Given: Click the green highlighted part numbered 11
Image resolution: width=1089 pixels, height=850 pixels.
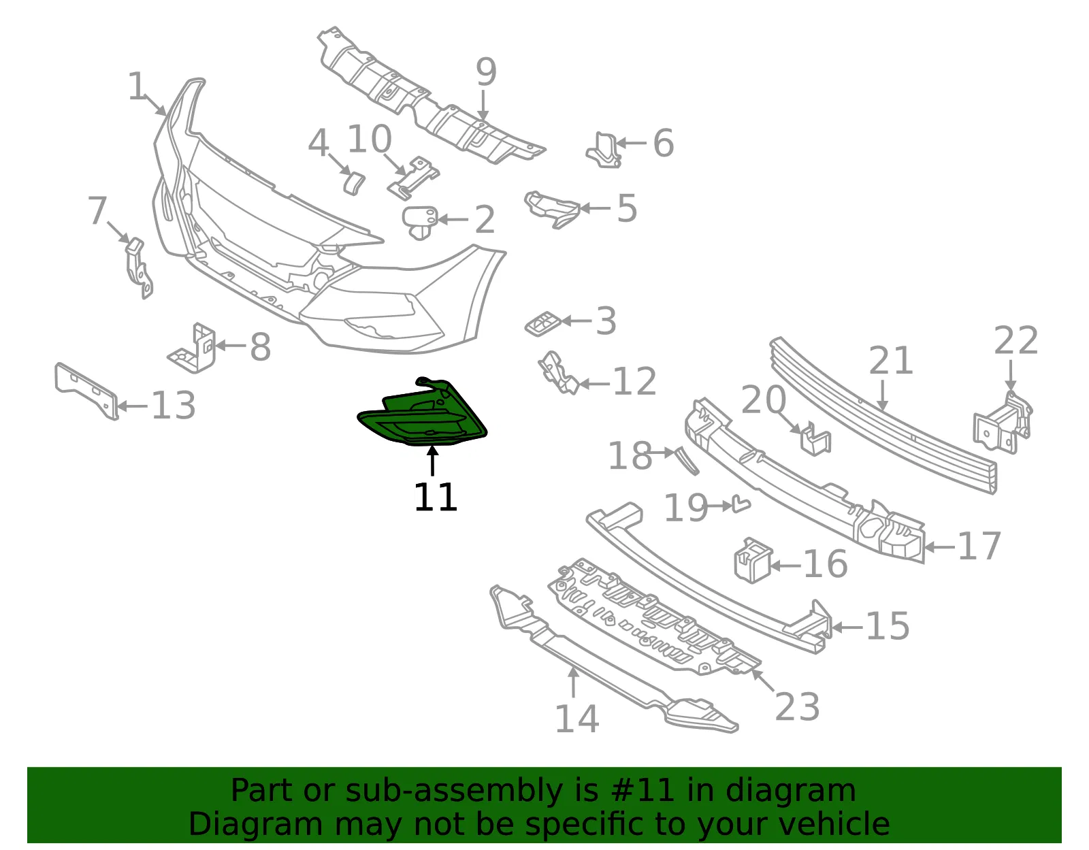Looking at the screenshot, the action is tap(422, 416).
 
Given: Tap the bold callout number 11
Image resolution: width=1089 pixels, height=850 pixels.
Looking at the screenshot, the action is tap(436, 497).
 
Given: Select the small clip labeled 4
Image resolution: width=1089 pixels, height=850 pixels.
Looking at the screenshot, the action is tap(355, 182).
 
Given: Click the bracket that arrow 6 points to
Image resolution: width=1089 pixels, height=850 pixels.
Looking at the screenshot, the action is tap(604, 150).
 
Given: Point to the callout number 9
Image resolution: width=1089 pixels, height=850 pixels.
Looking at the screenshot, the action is tap(485, 71).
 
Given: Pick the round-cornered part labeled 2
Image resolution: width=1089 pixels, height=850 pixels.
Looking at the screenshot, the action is tap(419, 222).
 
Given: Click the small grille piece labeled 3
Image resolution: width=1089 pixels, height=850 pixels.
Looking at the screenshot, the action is tap(543, 323).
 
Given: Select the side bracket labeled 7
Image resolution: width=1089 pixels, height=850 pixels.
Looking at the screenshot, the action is tap(138, 268).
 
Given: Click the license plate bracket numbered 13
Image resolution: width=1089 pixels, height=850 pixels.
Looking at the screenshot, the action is tap(86, 391).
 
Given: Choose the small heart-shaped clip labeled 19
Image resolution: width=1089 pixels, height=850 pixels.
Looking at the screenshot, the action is tap(741, 504).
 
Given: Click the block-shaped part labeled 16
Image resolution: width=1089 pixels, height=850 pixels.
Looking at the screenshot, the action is tap(753, 561).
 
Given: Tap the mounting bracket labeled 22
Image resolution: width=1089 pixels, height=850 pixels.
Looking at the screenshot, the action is tap(1003, 423).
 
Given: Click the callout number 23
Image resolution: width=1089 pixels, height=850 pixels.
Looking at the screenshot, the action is tap(797, 706).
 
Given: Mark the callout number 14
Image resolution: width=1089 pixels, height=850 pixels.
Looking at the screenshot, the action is tap(576, 719).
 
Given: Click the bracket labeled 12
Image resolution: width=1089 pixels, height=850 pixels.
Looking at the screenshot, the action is tap(558, 373).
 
